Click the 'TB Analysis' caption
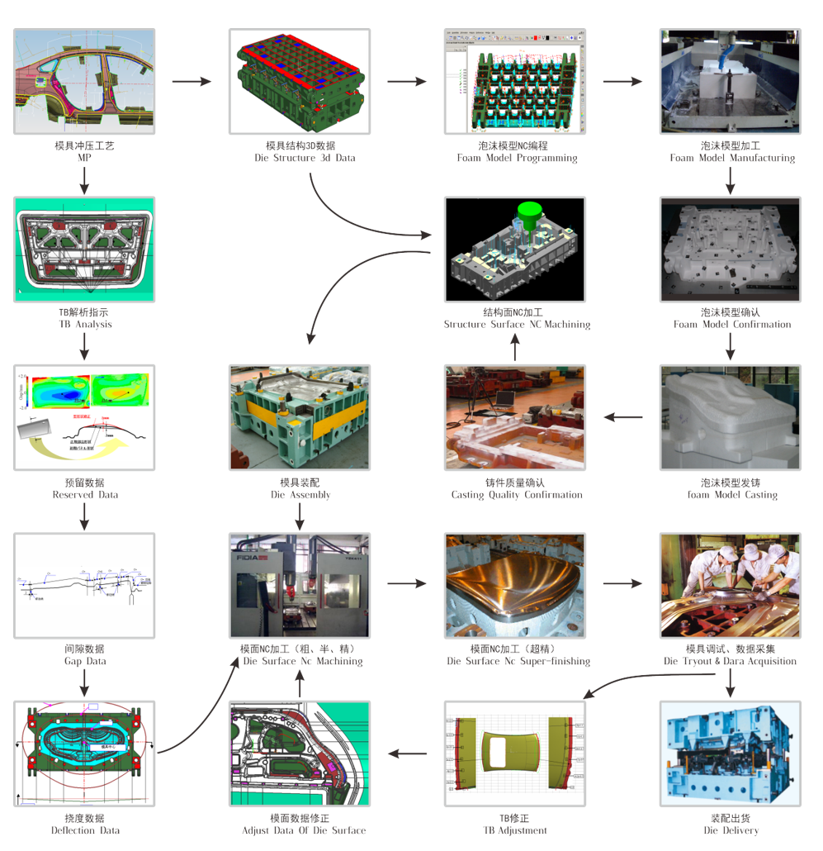[x=84, y=325]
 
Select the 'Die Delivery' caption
[x=731, y=830]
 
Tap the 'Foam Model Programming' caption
[x=517, y=158]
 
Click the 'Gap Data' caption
[x=84, y=661]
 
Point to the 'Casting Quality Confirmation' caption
[x=517, y=495]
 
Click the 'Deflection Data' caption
[x=84, y=830]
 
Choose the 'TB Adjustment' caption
[x=515, y=830]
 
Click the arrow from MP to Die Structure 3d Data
[x=192, y=82]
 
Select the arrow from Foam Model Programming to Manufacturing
[x=622, y=82]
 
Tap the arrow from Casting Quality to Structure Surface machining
[x=515, y=349]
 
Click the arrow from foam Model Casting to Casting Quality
[x=623, y=417]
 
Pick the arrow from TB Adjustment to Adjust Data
[x=408, y=754]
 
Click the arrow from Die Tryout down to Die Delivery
[x=731, y=682]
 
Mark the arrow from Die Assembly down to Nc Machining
[x=300, y=516]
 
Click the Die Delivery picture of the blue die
[x=731, y=754]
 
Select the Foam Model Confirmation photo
[x=731, y=249]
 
